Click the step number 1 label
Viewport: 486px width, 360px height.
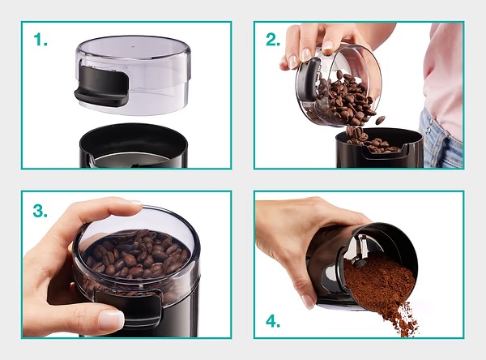pos(40,40)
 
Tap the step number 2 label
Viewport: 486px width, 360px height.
pos(273,40)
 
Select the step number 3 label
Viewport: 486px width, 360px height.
pos(40,211)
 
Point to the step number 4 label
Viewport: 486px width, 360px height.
pos(273,321)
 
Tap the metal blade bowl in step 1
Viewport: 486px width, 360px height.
pos(133,160)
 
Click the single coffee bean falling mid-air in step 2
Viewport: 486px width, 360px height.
pos(381,120)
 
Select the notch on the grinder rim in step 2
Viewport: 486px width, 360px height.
pos(384,152)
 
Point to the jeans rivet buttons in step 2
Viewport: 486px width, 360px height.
pos(428,126)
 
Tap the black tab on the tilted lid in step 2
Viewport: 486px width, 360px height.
pos(309,79)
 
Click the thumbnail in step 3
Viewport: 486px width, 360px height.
pos(111,319)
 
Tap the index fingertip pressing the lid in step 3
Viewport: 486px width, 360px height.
pos(134,205)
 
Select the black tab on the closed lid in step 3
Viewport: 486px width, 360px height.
pos(130,308)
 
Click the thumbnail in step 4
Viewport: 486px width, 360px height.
pos(308,302)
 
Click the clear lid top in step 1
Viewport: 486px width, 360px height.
pos(134,47)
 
